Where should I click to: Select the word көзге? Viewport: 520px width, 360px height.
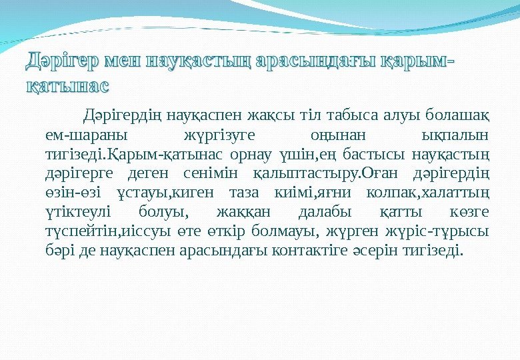click(470, 213)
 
